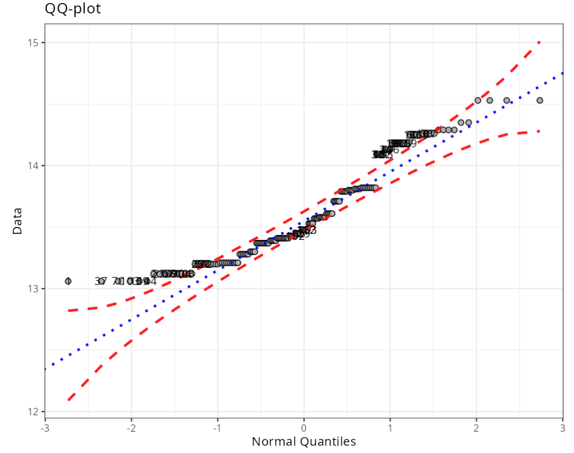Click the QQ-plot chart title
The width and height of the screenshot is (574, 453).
click(73, 9)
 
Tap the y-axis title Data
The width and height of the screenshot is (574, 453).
click(17, 221)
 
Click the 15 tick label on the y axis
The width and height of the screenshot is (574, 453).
click(33, 43)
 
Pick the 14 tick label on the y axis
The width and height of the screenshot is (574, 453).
click(33, 165)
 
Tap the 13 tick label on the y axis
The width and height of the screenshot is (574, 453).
click(33, 289)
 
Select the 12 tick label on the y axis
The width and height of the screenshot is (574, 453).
click(33, 411)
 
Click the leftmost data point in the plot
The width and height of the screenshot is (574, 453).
click(68, 281)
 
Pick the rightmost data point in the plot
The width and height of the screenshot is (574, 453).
click(540, 100)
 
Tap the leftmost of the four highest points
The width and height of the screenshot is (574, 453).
click(478, 100)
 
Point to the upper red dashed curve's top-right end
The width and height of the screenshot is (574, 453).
click(540, 42)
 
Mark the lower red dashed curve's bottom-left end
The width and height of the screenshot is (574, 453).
click(68, 400)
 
